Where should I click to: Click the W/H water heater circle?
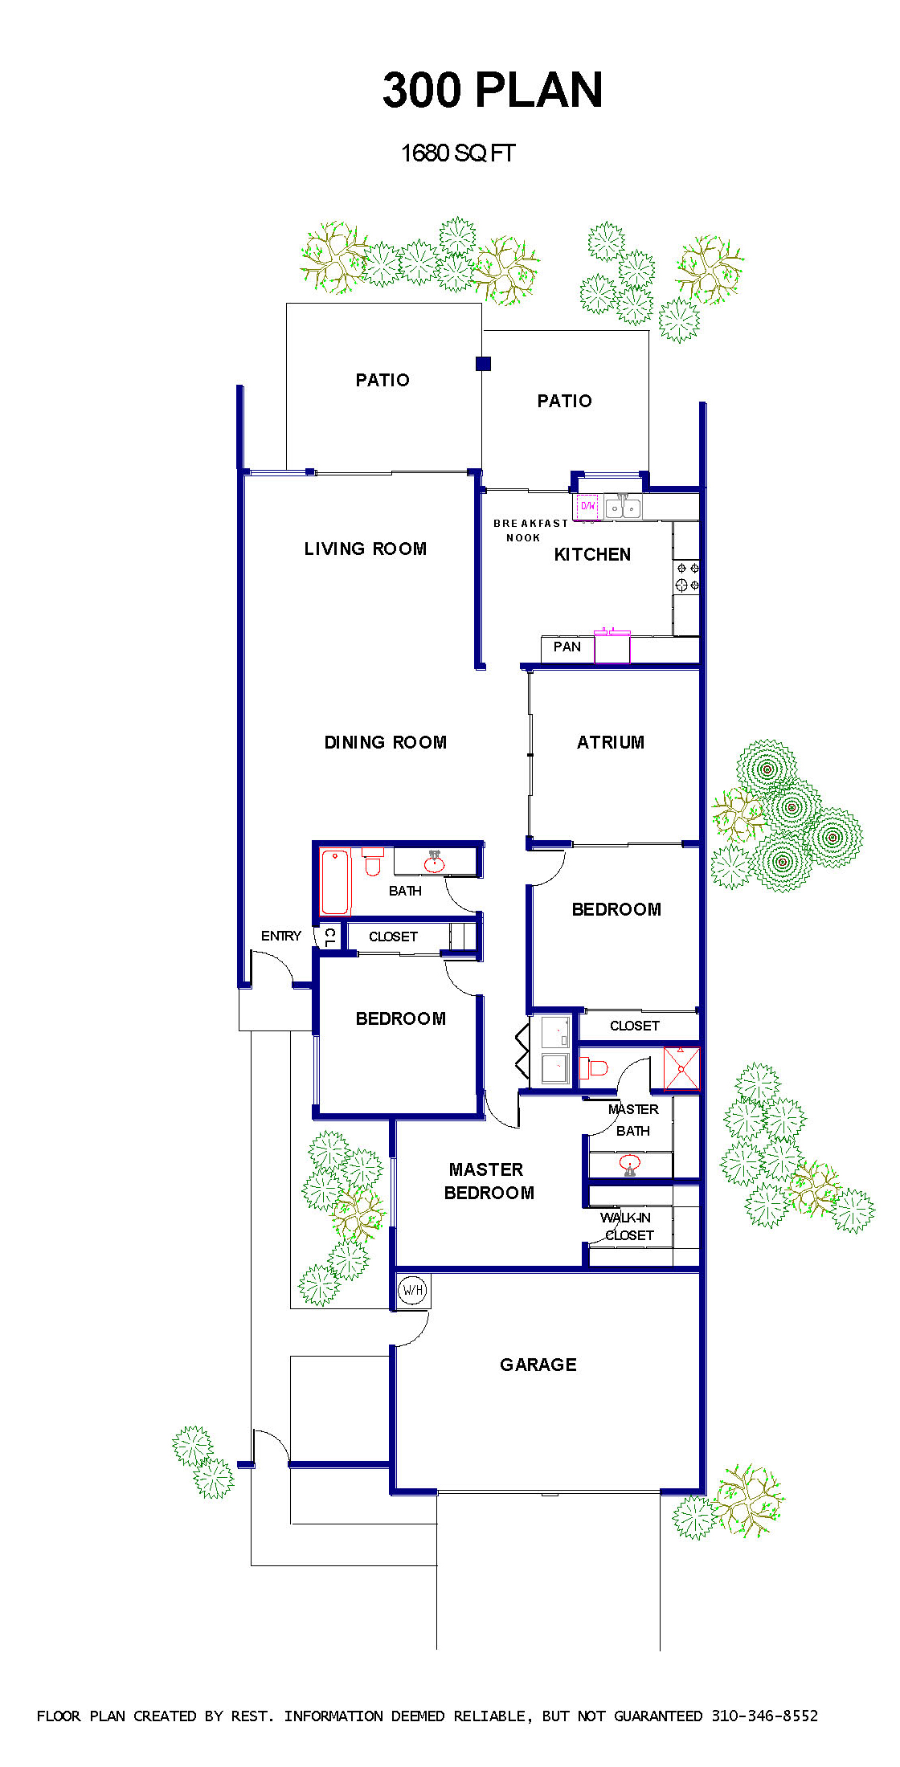[412, 1290]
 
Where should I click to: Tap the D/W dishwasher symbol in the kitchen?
[588, 507]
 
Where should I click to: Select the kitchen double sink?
[623, 507]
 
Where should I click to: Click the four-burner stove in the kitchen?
[687, 577]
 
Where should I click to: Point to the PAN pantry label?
[567, 647]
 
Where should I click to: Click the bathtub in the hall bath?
[335, 882]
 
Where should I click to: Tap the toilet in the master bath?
[594, 1067]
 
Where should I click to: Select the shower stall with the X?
[681, 1068]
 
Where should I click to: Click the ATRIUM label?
[611, 742]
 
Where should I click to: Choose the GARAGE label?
[538, 1365]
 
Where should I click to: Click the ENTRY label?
[281, 936]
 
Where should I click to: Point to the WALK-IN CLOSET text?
[627, 1226]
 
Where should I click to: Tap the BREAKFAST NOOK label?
[530, 530]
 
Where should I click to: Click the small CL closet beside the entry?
[329, 937]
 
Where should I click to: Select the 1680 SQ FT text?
[458, 153]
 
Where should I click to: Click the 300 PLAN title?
[493, 89]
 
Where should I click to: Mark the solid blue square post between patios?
[483, 364]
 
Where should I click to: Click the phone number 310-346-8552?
[765, 1716]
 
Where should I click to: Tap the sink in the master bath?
[630, 1164]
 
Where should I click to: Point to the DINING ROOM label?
[386, 742]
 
